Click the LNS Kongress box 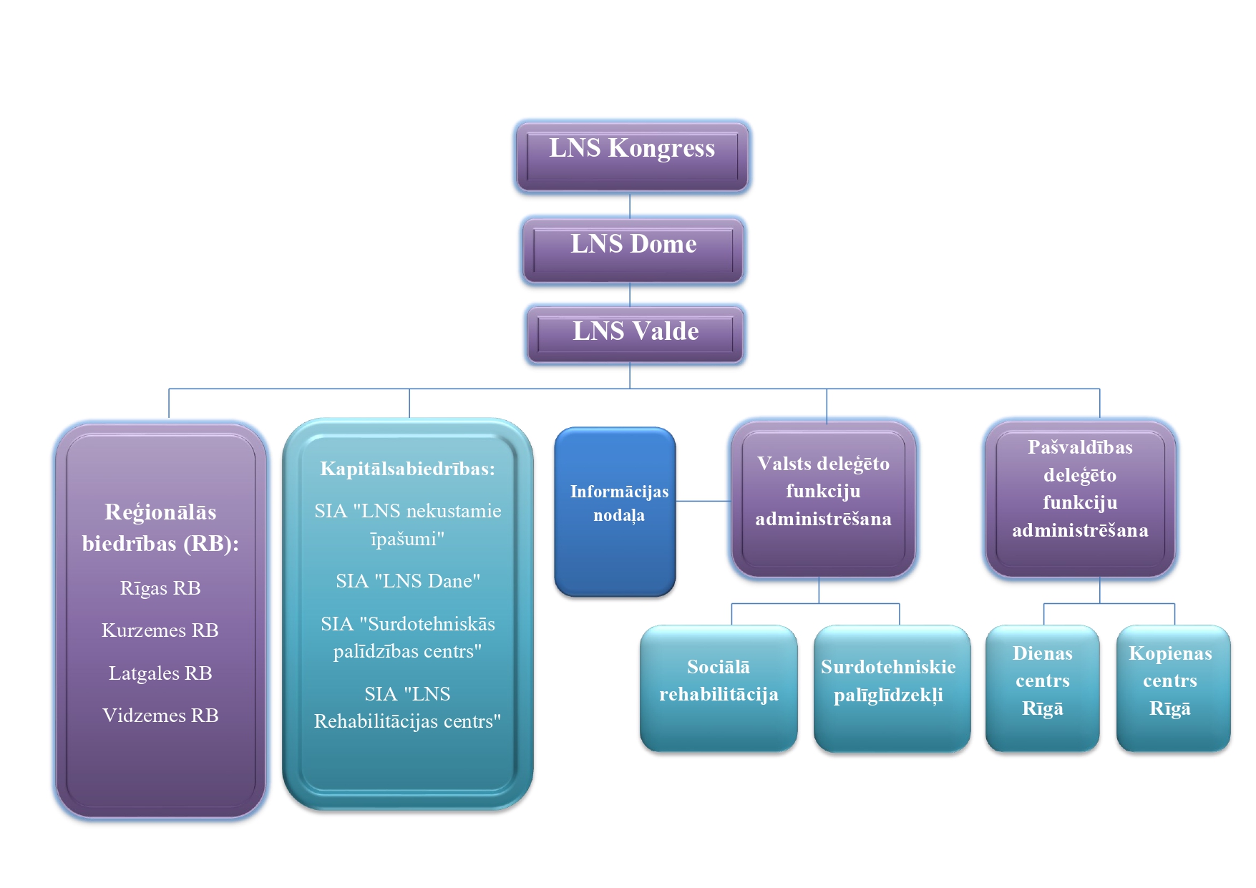click(x=632, y=156)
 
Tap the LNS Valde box click(x=635, y=334)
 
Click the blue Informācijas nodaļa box click(x=615, y=512)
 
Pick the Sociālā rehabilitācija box click(x=719, y=688)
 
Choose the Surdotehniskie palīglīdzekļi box click(x=892, y=688)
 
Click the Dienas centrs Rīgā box click(x=1042, y=688)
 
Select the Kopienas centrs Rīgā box click(x=1173, y=688)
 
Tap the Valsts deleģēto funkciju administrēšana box click(x=823, y=498)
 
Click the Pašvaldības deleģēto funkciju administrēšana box click(x=1080, y=498)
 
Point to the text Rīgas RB click(x=160, y=588)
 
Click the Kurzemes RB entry click(x=160, y=630)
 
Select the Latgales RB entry click(x=160, y=673)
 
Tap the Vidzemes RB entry click(x=160, y=716)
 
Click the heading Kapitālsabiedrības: click(x=407, y=469)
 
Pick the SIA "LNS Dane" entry click(x=408, y=581)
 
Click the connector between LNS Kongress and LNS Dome click(x=630, y=205)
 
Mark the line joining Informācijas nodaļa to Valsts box click(x=703, y=501)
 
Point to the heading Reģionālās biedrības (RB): click(x=160, y=527)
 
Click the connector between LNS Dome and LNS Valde click(x=630, y=295)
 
